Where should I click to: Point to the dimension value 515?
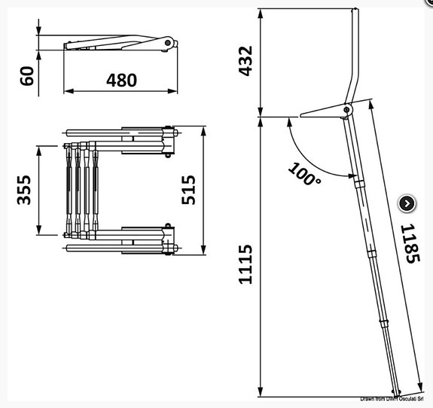point(188,190)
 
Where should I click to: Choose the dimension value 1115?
point(245,266)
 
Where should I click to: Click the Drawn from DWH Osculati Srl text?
point(395,399)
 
